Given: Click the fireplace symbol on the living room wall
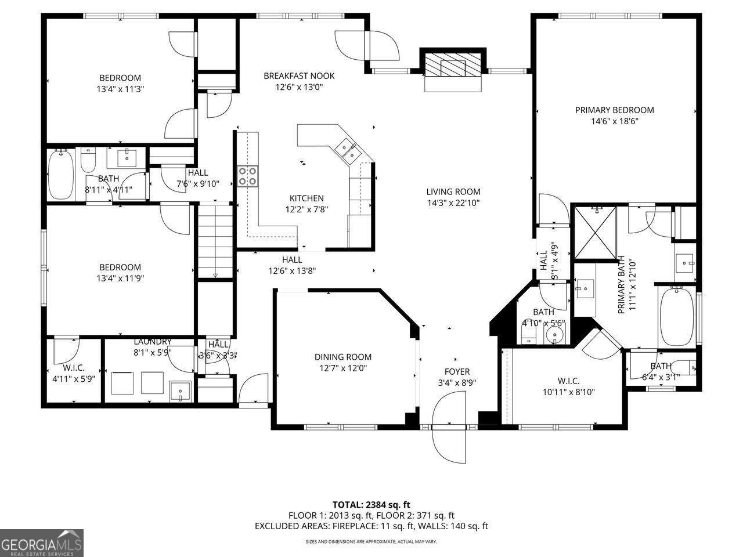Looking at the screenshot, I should tap(453, 65).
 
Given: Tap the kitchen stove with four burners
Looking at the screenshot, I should tap(247, 176).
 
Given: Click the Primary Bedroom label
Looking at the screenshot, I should tap(614, 110).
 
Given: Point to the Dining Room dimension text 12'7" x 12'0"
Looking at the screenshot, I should tap(343, 368).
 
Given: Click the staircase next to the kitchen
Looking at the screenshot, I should tap(215, 240).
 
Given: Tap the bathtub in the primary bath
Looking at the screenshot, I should tap(676, 316).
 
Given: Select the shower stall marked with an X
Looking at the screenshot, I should tap(594, 234).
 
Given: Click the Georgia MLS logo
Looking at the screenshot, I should tap(42, 543).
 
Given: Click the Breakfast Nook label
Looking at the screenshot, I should tap(299, 76).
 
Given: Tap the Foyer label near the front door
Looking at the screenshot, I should tap(457, 371).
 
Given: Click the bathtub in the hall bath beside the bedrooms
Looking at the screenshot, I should tap(61, 173).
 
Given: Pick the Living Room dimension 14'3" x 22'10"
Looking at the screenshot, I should tap(453, 202).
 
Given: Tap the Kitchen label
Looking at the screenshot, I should tap(306, 198).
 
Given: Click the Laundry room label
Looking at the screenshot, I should tap(152, 342).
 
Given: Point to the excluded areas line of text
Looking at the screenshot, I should tap(371, 526).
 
